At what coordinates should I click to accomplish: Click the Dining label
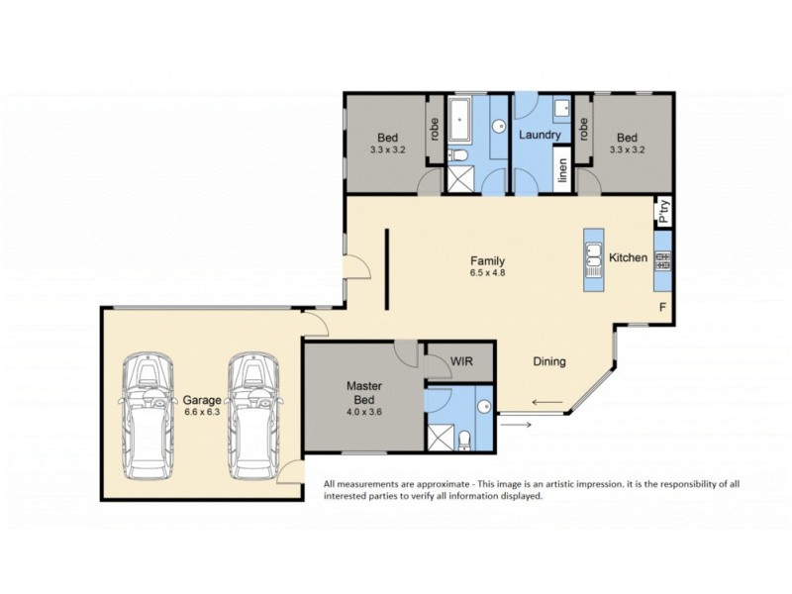coord(549,361)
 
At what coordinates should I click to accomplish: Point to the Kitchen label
coord(628,257)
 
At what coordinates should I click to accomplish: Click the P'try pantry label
coord(664,212)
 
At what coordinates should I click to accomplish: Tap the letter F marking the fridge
coord(662,308)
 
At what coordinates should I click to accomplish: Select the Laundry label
coord(540,135)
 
